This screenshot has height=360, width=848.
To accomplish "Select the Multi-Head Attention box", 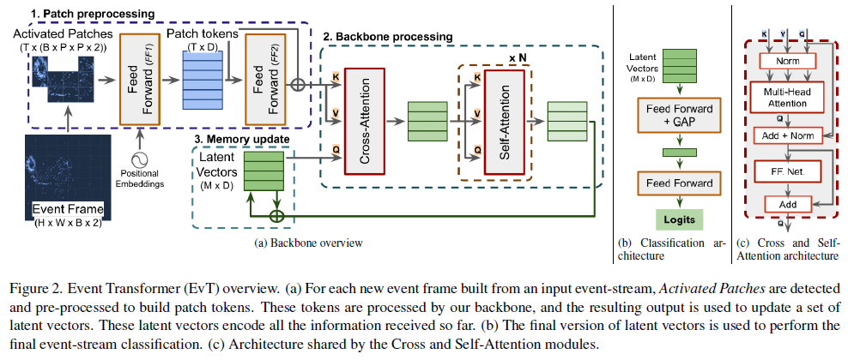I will (x=786, y=96).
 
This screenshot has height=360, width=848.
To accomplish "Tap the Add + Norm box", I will (x=786, y=136).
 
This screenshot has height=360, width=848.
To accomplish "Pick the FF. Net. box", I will (x=786, y=171).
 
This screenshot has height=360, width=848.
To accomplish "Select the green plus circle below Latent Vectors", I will (x=277, y=214).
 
